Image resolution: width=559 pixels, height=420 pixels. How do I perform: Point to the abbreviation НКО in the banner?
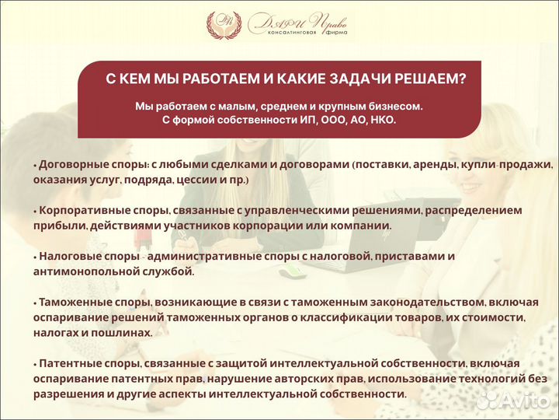[380, 121]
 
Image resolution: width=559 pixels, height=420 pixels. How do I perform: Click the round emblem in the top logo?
[224, 25]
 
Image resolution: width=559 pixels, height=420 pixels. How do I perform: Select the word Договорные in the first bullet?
[72, 165]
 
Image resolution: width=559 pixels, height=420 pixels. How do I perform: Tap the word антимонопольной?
[86, 271]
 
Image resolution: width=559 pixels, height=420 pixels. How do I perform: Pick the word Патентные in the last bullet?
[68, 363]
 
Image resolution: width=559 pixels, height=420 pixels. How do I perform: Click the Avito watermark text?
[522, 401]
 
